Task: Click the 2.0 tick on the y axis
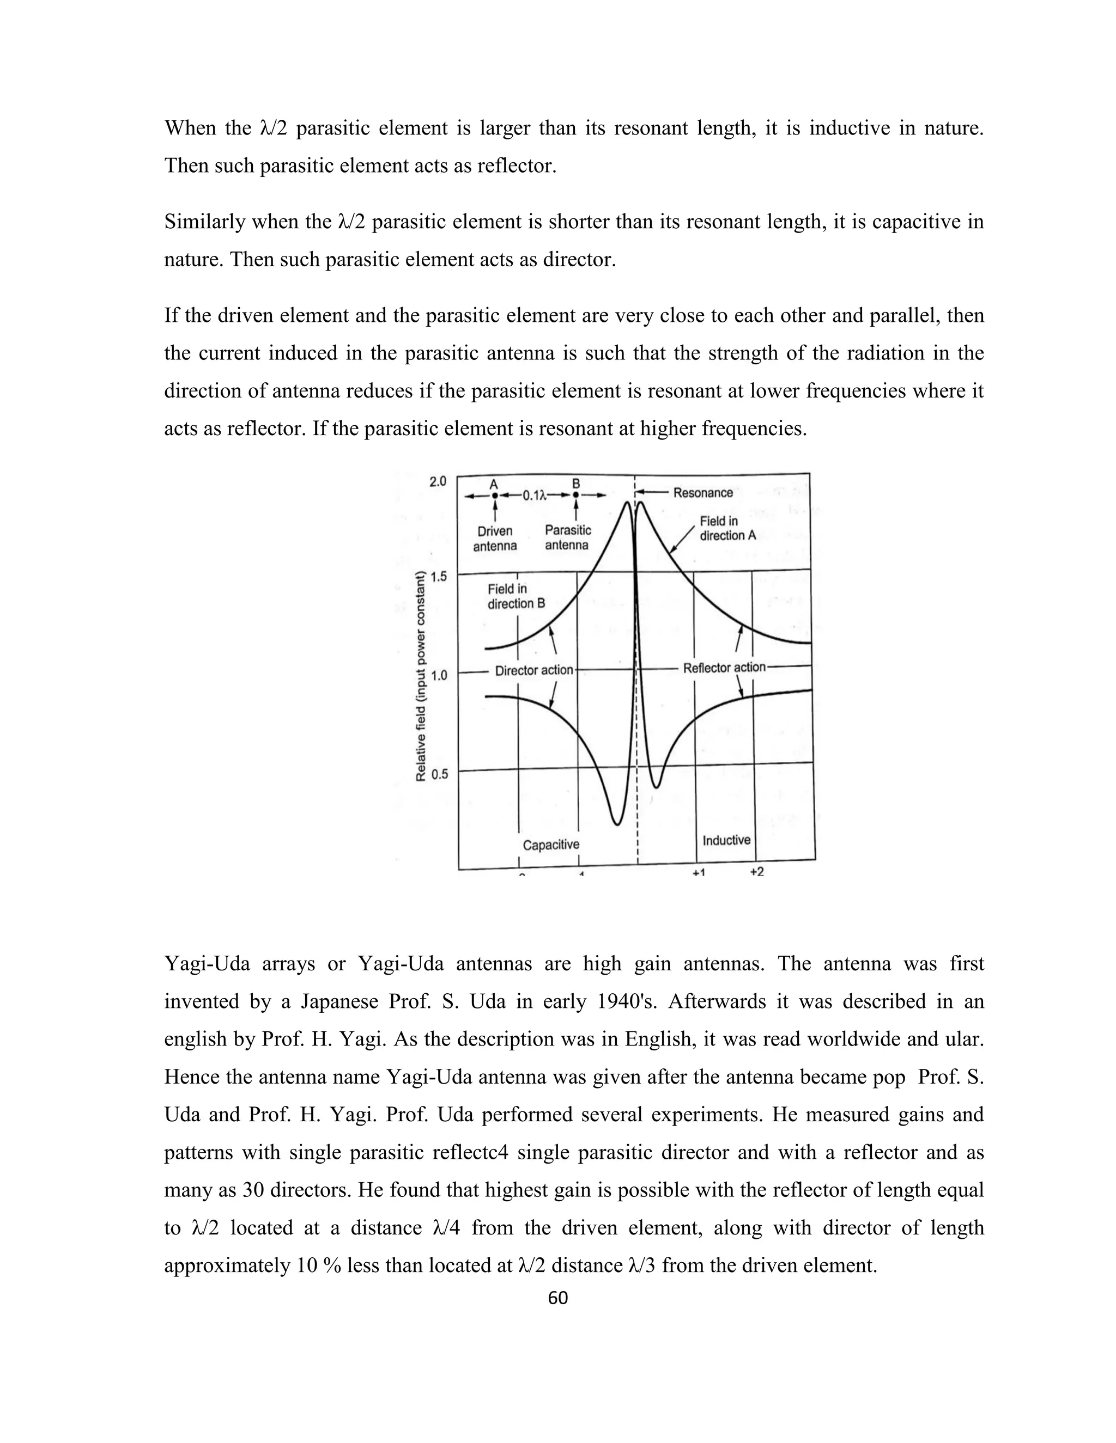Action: tap(438, 482)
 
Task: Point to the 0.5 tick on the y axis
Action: tap(439, 774)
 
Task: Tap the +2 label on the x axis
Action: tap(757, 871)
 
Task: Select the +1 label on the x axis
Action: tap(699, 872)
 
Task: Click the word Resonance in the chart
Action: tap(703, 493)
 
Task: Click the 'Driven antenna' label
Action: tap(495, 539)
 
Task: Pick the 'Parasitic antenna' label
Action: tap(567, 537)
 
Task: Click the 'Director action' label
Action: tap(534, 670)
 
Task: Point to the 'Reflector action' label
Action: tap(724, 668)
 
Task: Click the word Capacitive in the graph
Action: tap(551, 845)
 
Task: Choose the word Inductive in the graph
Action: tap(726, 840)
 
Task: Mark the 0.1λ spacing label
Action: tap(536, 496)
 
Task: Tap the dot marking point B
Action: tap(576, 495)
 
